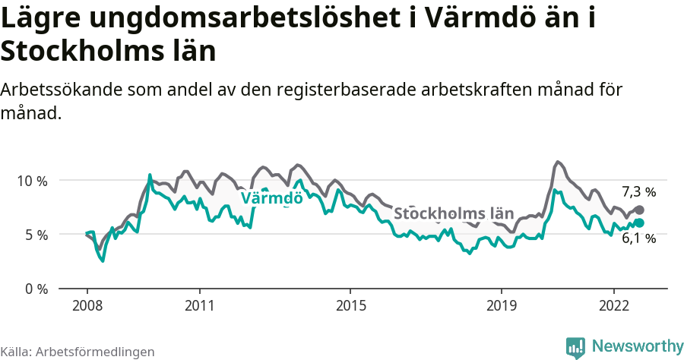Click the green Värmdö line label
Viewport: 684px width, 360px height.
pyautogui.click(x=271, y=198)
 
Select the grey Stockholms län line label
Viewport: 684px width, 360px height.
pyautogui.click(x=454, y=213)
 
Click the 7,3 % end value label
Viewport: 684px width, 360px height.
pyautogui.click(x=638, y=192)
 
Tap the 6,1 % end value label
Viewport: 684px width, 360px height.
pyautogui.click(x=638, y=238)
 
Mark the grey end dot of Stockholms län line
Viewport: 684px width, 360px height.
pyautogui.click(x=639, y=210)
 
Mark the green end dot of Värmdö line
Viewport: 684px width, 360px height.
pyautogui.click(x=639, y=223)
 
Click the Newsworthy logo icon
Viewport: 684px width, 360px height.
pyautogui.click(x=575, y=347)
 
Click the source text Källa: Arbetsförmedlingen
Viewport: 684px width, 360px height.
pyautogui.click(x=78, y=352)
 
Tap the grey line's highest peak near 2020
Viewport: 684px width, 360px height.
pyautogui.click(x=558, y=162)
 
